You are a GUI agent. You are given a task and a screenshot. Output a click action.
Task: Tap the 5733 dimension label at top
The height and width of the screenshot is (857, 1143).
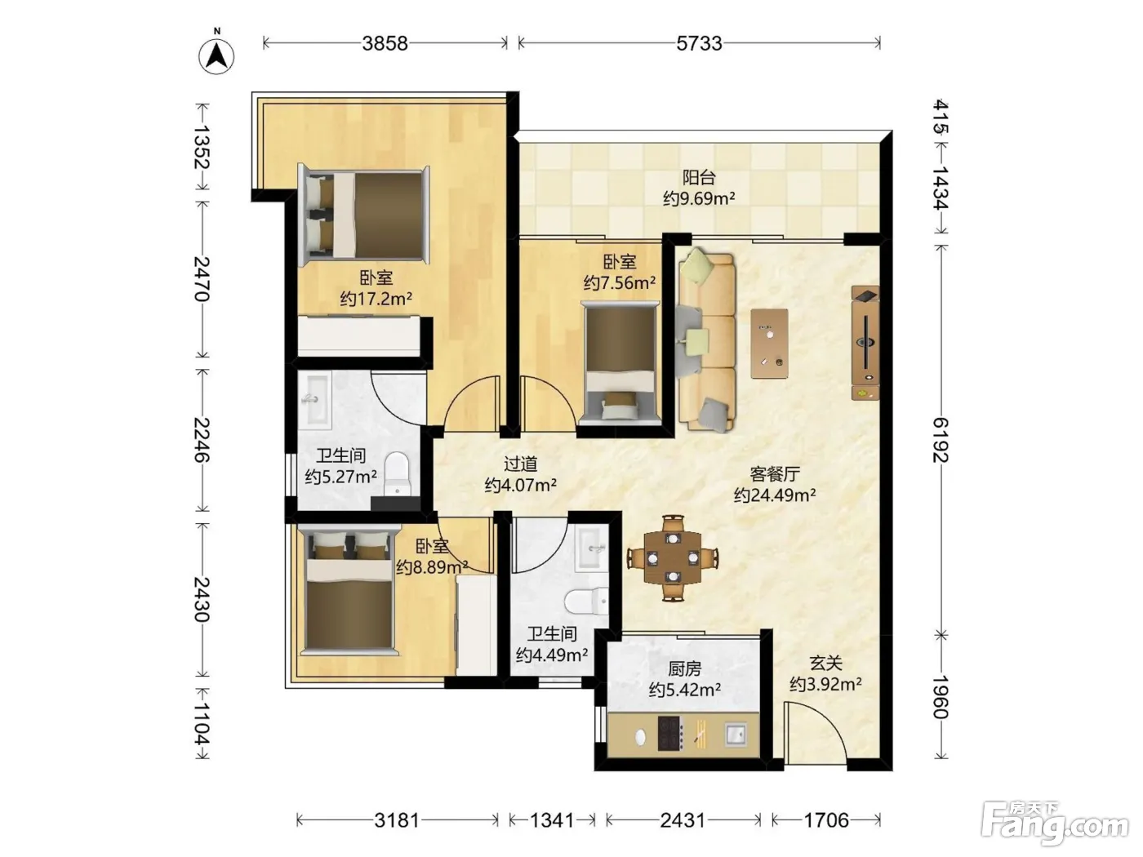click(699, 44)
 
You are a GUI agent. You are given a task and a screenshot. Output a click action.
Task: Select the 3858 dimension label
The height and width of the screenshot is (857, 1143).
click(385, 44)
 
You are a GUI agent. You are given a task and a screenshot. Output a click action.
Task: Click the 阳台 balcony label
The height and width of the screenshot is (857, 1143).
click(699, 178)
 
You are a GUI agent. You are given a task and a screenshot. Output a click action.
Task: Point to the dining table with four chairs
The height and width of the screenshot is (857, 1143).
click(674, 557)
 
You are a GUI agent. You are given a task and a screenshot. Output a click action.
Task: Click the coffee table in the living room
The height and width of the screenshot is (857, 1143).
click(769, 344)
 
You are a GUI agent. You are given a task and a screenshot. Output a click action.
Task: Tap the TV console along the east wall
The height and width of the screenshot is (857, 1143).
click(865, 342)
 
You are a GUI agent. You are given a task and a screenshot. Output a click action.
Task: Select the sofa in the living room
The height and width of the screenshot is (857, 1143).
click(707, 342)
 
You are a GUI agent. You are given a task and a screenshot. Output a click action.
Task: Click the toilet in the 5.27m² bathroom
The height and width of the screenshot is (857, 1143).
click(398, 473)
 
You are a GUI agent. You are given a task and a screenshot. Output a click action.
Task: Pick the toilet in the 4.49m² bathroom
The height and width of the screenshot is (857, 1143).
click(586, 602)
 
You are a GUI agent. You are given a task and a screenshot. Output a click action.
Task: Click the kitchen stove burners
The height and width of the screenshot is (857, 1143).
click(669, 734)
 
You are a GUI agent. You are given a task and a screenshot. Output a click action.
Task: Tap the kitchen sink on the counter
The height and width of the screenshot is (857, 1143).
click(736, 735)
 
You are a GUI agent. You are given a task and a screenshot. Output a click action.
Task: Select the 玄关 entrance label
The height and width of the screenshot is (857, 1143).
click(825, 663)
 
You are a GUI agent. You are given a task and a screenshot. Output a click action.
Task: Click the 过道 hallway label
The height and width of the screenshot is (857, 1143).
click(520, 464)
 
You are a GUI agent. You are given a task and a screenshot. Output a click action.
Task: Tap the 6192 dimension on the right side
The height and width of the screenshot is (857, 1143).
click(941, 440)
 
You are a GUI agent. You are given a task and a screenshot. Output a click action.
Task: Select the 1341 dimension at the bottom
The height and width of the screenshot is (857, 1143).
click(552, 820)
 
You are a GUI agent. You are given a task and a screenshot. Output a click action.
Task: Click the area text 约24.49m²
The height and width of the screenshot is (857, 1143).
click(775, 495)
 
